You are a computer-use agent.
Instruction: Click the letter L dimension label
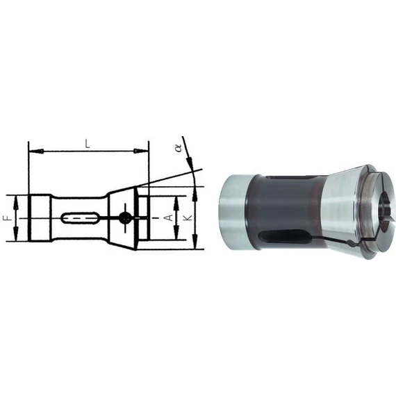tap(88, 145)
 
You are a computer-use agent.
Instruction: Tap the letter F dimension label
tap(8, 218)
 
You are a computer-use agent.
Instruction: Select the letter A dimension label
tap(170, 217)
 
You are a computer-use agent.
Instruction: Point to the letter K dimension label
tap(188, 217)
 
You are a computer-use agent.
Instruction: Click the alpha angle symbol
tap(179, 148)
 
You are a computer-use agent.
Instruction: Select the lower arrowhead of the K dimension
tap(195, 241)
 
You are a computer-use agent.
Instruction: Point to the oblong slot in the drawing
tap(80, 217)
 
